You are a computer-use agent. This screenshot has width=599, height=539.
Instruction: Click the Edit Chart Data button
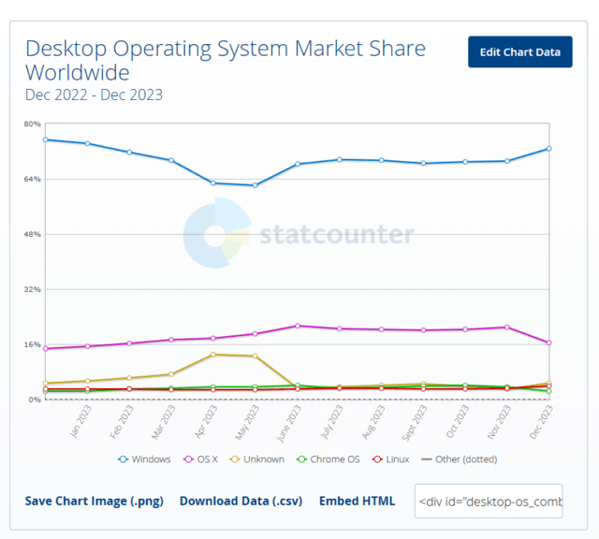[x=519, y=51]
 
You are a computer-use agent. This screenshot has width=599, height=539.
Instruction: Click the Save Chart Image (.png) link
[x=94, y=501]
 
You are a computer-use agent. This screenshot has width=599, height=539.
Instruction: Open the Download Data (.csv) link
[x=241, y=501]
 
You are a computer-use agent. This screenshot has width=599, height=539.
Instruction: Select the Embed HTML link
[x=357, y=501]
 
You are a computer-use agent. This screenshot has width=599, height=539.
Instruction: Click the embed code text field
[x=489, y=501]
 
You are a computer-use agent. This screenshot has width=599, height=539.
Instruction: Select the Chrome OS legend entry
[x=328, y=459]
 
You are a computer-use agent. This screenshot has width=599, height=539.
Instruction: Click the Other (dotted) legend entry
[x=459, y=459]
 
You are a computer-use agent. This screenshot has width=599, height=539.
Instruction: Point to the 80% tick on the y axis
[x=32, y=124]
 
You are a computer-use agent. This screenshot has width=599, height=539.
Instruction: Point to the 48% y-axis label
[x=32, y=234]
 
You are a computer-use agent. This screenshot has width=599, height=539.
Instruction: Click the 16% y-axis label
[x=32, y=344]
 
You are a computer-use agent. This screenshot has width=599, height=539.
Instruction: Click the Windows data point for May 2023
[x=255, y=185]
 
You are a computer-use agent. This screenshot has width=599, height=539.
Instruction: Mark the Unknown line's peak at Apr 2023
[x=213, y=354]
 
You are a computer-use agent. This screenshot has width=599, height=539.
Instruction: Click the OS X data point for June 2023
[x=298, y=326]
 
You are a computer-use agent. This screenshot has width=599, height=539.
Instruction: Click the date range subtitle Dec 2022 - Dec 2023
[x=94, y=95]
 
